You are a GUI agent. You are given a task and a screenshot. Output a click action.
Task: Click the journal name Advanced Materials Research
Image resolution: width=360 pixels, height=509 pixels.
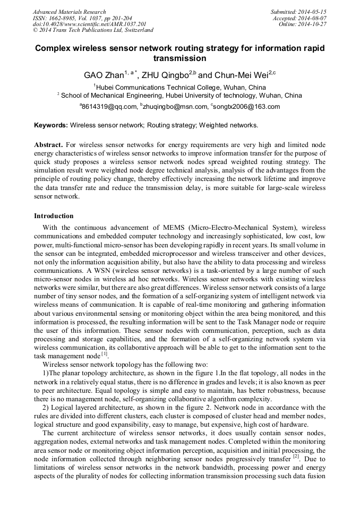click(x=69, y=12)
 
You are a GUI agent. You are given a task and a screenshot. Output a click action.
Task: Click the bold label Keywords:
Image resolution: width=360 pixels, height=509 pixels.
click(x=51, y=126)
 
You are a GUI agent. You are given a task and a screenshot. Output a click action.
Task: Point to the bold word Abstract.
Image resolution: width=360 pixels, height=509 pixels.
click(x=48, y=145)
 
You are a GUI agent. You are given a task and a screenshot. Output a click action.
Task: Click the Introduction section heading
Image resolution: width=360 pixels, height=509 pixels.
click(x=54, y=216)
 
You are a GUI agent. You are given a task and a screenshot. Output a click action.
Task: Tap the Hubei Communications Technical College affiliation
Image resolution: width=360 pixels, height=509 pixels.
click(x=180, y=87)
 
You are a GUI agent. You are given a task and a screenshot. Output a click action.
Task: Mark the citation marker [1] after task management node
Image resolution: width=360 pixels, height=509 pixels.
click(x=104, y=354)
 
